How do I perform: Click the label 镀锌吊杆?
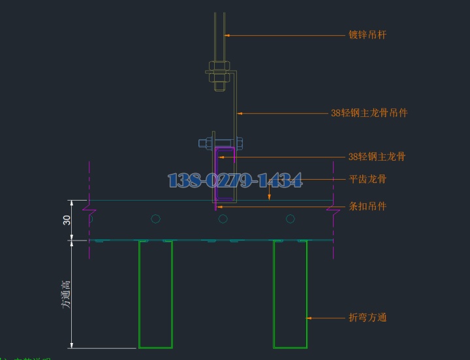click(368, 35)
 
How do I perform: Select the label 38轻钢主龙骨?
click(377, 157)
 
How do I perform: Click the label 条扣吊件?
click(368, 206)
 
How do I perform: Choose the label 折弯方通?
click(368, 318)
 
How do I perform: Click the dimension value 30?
click(67, 220)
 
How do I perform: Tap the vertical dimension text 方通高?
click(66, 294)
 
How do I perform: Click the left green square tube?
click(155, 294)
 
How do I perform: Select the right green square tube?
click(290, 294)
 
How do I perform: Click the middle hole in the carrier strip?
click(223, 218)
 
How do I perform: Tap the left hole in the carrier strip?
click(155, 218)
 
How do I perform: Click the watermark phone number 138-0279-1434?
click(235, 180)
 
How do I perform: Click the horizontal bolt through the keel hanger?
click(221, 142)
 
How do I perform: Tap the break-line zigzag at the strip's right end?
click(334, 210)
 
